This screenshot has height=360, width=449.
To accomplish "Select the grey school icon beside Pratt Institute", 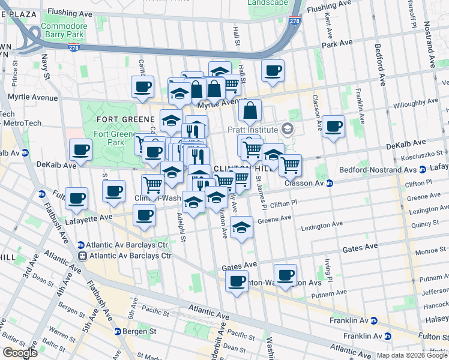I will pos(287,129).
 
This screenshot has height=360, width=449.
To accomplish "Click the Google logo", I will pos(20,353).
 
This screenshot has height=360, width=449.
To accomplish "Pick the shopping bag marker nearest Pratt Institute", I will pos(250,111).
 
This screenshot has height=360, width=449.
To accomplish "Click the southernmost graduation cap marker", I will pos(241,228).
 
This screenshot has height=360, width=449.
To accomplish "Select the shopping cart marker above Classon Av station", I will pos(291,164).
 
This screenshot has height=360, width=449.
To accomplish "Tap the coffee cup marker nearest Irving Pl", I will pos(286,275).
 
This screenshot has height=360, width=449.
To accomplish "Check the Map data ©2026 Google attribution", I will pos(412,355).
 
